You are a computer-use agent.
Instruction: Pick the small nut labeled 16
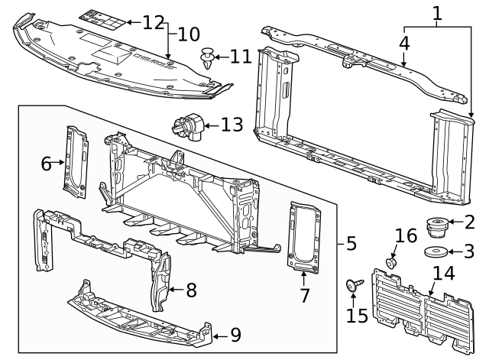(x=390, y=262)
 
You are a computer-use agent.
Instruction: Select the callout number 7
(x=305, y=295)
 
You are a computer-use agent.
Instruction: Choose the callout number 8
(x=191, y=290)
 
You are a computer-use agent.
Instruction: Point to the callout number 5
(x=351, y=244)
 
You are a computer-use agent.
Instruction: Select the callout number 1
(x=437, y=13)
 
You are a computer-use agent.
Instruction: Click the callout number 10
(x=189, y=34)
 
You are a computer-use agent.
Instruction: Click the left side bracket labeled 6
(x=76, y=161)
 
